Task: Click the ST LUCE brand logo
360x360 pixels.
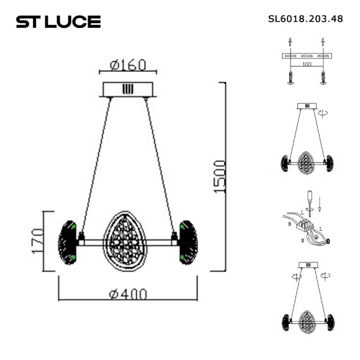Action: [58, 22]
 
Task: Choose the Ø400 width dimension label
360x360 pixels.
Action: [128, 294]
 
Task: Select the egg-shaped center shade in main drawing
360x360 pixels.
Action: [128, 241]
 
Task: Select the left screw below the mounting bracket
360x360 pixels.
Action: [290, 77]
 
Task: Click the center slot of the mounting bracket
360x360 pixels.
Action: [306, 56]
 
